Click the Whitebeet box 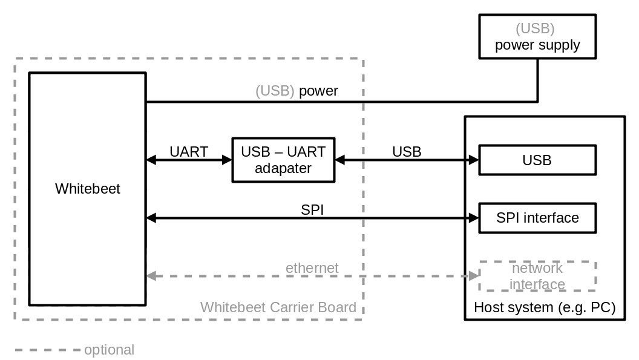coord(87,189)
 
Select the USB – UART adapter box coord(283,160)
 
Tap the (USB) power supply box coord(537,37)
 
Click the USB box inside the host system coord(537,160)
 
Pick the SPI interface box coord(537,218)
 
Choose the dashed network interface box coord(537,276)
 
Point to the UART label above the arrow coord(189,151)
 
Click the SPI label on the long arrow coord(312,209)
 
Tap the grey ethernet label coord(312,267)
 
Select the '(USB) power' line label coord(297,91)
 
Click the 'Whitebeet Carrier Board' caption coord(278,307)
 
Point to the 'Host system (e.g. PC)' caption coord(544,307)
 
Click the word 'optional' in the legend coord(109,350)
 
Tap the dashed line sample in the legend coord(47,350)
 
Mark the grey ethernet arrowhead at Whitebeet coord(151,276)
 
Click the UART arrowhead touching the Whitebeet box coord(151,160)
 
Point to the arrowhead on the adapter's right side coord(340,160)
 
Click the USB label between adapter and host coord(407,151)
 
